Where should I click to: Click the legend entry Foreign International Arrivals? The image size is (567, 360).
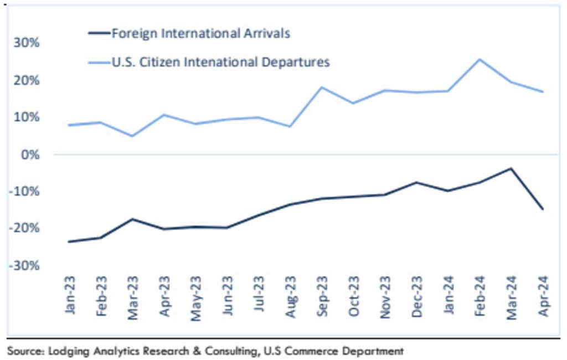[x=200, y=33]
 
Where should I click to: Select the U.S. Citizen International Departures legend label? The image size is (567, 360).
[x=220, y=62]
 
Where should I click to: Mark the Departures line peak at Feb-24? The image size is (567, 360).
[x=480, y=59]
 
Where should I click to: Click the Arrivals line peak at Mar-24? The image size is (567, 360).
[x=511, y=168]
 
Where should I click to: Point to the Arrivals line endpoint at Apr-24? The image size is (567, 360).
[x=543, y=209]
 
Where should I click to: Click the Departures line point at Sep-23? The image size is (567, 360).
[x=322, y=87]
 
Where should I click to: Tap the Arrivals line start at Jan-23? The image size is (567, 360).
[x=69, y=241]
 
